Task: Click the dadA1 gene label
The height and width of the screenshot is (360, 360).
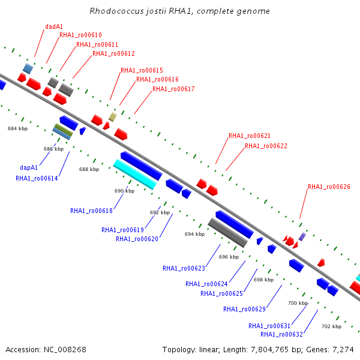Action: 54,26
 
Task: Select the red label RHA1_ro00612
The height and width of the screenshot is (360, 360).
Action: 113,53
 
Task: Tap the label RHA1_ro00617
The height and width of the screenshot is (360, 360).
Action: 173,89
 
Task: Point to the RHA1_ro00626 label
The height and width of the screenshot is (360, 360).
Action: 329,187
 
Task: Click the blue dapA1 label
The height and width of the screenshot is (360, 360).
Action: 29,167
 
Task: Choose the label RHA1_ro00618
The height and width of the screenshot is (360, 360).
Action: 91,211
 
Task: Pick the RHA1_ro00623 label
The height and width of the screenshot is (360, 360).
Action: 184,268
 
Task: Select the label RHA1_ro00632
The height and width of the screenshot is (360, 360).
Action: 282,334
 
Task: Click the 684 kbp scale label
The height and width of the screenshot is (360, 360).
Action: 17,128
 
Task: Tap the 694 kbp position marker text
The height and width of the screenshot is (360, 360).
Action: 194,234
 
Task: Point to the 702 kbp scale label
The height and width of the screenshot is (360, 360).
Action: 332,326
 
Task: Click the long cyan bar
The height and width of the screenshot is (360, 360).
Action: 135,174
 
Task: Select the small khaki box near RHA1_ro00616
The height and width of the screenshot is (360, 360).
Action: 113,117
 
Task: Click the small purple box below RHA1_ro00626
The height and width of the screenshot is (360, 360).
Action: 302,237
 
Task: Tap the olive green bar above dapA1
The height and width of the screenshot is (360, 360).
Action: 64,130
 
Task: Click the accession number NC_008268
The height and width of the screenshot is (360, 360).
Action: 65,349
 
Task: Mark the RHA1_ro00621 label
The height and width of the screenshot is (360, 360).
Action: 250,136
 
